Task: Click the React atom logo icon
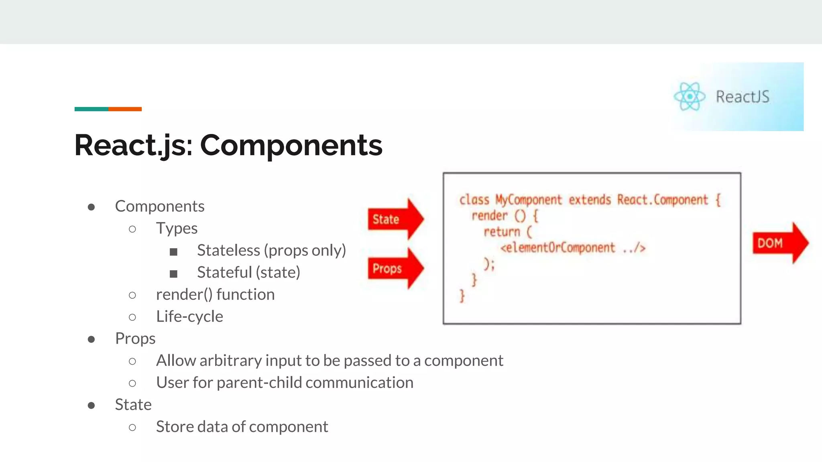pos(689,96)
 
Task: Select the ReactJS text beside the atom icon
pos(743,97)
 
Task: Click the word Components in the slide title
pos(291,145)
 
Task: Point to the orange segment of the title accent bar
pos(125,109)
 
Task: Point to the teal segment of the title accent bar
pos(91,109)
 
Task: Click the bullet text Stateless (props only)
pos(271,250)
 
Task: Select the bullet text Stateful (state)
pos(248,272)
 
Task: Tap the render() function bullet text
pos(215,294)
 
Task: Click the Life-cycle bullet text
pos(189,316)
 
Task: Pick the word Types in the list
pos(177,228)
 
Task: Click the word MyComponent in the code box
pos(529,200)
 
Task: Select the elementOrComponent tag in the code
pos(558,248)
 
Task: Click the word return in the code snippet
pos(502,232)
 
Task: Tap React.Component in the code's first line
pos(662,200)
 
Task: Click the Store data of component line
pos(242,427)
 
